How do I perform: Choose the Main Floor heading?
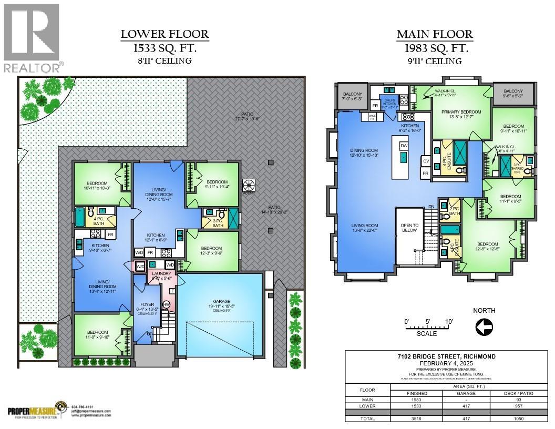point(434,35)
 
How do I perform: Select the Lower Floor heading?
point(165,35)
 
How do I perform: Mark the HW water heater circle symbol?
point(167,305)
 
